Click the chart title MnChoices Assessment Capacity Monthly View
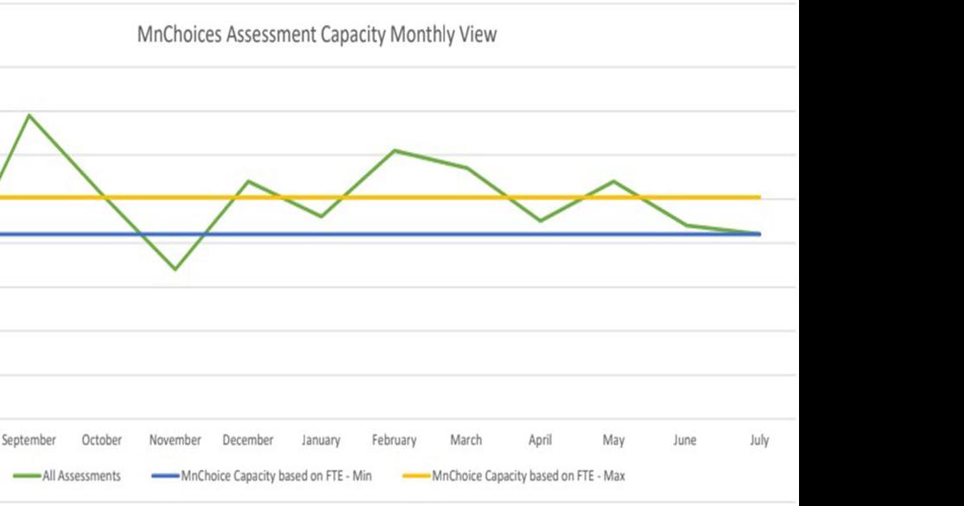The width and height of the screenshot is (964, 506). pos(317,35)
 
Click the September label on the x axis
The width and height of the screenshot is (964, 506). pos(29,440)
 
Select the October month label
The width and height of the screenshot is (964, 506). pos(102,440)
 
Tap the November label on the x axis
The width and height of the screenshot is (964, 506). pos(175,440)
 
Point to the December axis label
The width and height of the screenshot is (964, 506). pos(248,440)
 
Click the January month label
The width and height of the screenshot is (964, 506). pos(320,440)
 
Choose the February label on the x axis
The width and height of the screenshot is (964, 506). pos(394,440)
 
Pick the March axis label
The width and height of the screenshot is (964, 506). pos(466,440)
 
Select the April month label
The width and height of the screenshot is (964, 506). pos(540,440)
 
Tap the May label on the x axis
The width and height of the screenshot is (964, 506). pos(613,440)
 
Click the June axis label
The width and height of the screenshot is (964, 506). pos(685,440)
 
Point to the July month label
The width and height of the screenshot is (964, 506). pos(759,440)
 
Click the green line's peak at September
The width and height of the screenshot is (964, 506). pos(29,115)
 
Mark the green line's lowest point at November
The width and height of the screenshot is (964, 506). pos(175,269)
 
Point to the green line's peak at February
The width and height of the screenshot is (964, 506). pos(395,150)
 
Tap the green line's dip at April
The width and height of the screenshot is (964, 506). pos(540,221)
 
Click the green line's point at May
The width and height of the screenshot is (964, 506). pos(613,181)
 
